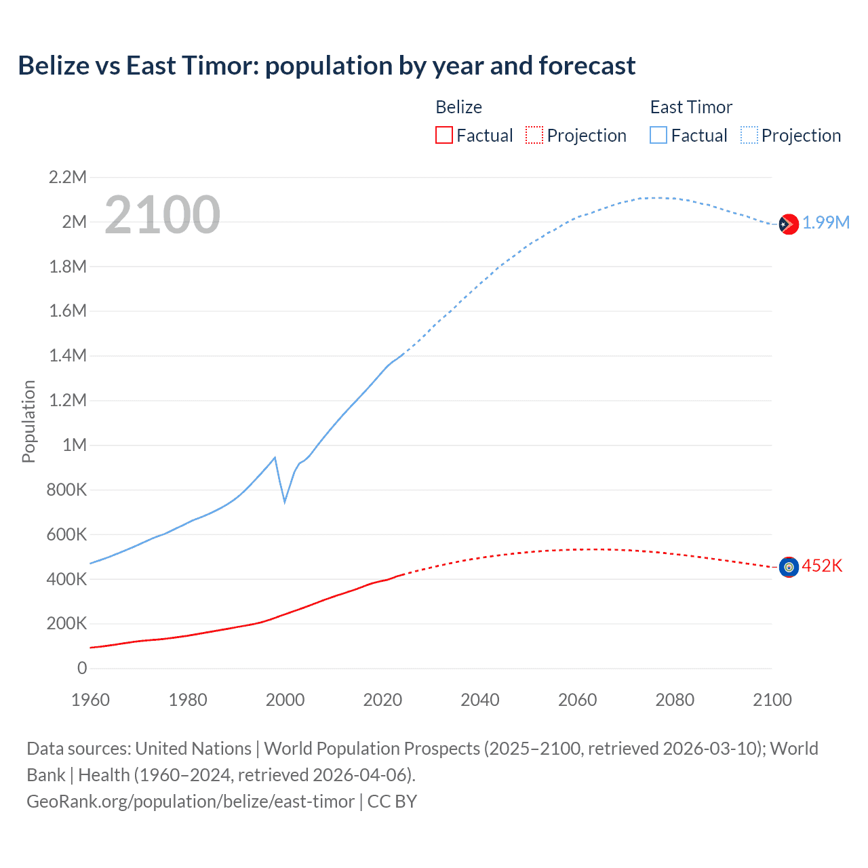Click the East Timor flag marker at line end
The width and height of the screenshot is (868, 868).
pyautogui.click(x=788, y=224)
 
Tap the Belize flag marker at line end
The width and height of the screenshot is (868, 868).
pyautogui.click(x=788, y=567)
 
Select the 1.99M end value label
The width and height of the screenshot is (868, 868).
pyautogui.click(x=826, y=223)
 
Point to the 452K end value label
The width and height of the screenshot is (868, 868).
pyautogui.click(x=822, y=566)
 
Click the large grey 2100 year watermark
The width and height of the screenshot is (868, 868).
pyautogui.click(x=162, y=215)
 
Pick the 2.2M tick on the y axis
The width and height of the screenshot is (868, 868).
pyautogui.click(x=68, y=178)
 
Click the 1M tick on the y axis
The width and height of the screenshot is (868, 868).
pyautogui.click(x=75, y=445)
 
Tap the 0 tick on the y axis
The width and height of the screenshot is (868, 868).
pyautogui.click(x=82, y=668)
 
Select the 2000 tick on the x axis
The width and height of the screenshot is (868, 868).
pyautogui.click(x=285, y=700)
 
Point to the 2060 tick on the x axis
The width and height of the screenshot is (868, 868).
pyautogui.click(x=577, y=700)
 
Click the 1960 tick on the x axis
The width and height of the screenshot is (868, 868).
pyautogui.click(x=90, y=700)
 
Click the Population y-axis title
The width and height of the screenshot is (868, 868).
pyautogui.click(x=28, y=421)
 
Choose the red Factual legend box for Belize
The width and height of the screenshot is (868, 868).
pyautogui.click(x=444, y=135)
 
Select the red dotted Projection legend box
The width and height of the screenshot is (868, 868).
pyautogui.click(x=534, y=135)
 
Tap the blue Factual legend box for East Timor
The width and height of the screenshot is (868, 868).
pyautogui.click(x=658, y=135)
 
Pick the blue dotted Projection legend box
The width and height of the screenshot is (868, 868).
pyautogui.click(x=749, y=135)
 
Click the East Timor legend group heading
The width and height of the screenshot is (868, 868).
pyautogui.click(x=691, y=107)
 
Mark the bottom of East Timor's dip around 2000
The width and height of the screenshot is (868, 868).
pyautogui.click(x=285, y=502)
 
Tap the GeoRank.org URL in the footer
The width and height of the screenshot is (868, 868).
pyautogui.click(x=191, y=802)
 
